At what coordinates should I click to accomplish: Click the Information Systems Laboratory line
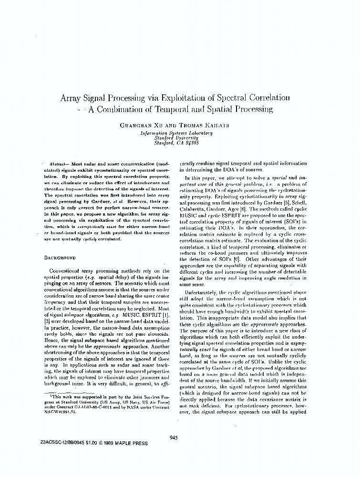(x=176, y=133)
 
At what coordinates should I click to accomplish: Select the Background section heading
(x=60, y=258)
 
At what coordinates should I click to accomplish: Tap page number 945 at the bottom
(x=173, y=438)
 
